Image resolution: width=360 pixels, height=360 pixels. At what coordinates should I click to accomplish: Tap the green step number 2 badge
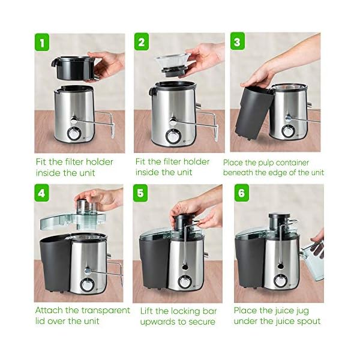[x=142, y=43]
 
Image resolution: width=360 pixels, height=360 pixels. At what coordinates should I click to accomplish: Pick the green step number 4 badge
[x=41, y=194]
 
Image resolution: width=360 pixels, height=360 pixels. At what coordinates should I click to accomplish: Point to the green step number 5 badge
[x=142, y=194]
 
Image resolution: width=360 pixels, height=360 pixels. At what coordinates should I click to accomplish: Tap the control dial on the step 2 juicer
[x=173, y=136]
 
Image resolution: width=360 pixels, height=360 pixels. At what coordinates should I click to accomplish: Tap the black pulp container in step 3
[x=250, y=111]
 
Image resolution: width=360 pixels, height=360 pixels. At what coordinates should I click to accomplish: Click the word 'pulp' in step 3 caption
[x=268, y=162]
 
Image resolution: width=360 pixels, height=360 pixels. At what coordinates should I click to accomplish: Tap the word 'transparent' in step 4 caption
[x=105, y=310]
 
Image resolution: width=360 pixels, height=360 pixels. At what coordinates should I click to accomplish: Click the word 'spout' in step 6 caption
[x=306, y=321]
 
